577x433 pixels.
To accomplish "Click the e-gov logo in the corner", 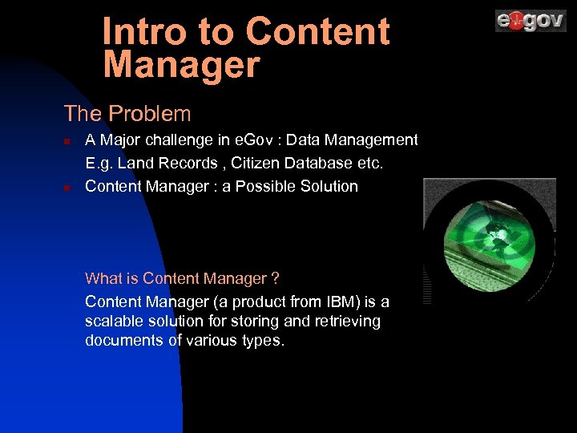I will (531, 20).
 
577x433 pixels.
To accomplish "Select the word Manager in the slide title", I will (182, 65).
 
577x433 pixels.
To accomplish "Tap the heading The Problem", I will (127, 114).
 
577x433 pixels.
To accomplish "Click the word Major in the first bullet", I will (119, 140).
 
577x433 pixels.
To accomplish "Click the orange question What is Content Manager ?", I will (182, 279).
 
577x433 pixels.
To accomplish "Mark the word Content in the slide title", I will (317, 32).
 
